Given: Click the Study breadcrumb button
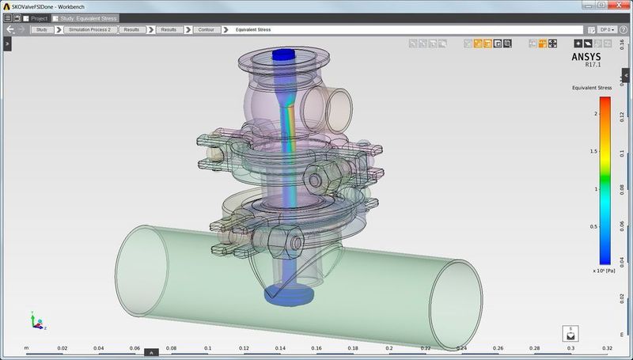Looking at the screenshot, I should click(x=42, y=29).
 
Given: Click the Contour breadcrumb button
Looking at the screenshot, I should click(x=204, y=29).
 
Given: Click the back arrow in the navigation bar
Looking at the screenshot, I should click(x=10, y=29).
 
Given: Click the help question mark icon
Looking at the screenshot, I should click(x=625, y=29).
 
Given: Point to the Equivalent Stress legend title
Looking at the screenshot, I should click(x=592, y=88).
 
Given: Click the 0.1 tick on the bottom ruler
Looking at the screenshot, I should click(x=207, y=348).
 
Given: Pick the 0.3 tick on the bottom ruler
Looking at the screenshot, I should click(x=570, y=348).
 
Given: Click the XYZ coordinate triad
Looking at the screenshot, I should click(x=36, y=322).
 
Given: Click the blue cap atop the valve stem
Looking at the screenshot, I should click(x=282, y=56).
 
